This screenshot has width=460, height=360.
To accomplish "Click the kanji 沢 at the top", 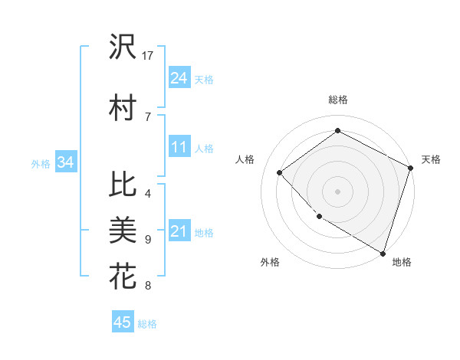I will click(x=123, y=47).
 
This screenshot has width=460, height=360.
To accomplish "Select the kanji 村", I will click(x=123, y=107).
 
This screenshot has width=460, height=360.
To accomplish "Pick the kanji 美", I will click(x=123, y=229).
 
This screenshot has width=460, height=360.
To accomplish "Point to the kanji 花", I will click(x=123, y=275).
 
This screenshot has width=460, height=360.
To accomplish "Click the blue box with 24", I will click(x=179, y=78).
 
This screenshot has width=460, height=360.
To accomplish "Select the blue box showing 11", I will click(x=179, y=148).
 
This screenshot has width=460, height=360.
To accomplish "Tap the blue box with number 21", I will click(x=179, y=232).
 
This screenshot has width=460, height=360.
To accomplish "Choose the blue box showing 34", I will click(x=66, y=162).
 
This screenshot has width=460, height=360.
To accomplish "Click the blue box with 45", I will click(x=123, y=322).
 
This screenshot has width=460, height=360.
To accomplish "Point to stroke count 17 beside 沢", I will click(x=149, y=56).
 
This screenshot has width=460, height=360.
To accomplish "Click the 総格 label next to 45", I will click(x=147, y=324).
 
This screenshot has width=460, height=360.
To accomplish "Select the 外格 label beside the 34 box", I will click(x=41, y=164).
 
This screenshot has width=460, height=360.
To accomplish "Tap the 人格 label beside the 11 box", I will click(x=204, y=149).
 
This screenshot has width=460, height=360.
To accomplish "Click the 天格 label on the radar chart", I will click(x=431, y=159).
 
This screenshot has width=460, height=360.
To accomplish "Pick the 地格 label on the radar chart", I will click(x=402, y=262).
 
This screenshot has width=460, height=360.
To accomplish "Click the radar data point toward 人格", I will click(x=280, y=172).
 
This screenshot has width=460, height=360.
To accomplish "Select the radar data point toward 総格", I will click(x=337, y=131).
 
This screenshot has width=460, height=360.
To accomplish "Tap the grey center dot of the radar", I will click(x=337, y=191).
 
